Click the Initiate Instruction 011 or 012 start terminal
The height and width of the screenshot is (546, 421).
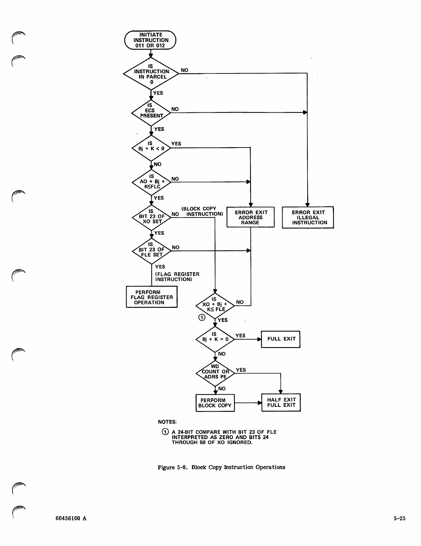click(x=150, y=40)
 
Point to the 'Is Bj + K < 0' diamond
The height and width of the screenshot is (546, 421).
click(x=151, y=148)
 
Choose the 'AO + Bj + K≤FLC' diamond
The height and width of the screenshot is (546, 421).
click(x=151, y=182)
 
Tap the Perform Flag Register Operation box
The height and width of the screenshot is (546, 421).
click(x=151, y=297)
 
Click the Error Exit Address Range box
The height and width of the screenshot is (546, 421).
click(x=250, y=217)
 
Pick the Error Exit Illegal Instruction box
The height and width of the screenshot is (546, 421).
click(x=308, y=218)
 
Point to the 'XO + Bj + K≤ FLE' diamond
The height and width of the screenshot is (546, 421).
click(x=215, y=305)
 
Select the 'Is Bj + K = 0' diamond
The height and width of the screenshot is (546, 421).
click(x=215, y=339)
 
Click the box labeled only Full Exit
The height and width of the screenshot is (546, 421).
click(x=281, y=339)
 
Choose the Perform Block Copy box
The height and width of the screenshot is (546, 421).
click(x=215, y=403)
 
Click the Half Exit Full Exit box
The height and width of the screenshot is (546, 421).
click(x=281, y=403)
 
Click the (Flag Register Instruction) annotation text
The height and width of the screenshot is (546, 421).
click(x=177, y=277)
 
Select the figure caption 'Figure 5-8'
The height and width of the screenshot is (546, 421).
click(x=221, y=467)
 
